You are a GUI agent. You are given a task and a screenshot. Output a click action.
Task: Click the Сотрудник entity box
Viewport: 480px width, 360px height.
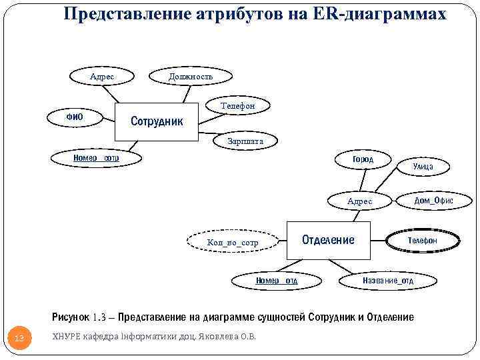pos(157,122)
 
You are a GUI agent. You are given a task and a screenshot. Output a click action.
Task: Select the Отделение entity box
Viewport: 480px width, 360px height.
pos(329,240)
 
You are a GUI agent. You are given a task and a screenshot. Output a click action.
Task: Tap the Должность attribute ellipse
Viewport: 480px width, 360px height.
pos(191,77)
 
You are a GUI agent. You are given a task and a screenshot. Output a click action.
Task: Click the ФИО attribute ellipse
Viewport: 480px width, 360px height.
pos(74,117)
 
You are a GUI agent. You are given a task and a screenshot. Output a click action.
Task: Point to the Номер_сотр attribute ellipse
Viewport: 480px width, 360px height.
pos(96,158)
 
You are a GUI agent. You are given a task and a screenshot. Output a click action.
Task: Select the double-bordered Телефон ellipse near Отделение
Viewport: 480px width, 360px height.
pos(423,240)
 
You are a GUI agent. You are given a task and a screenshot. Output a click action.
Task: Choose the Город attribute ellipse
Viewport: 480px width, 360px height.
pos(363,159)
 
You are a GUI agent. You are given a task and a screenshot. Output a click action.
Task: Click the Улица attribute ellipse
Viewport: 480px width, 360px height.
pos(423,166)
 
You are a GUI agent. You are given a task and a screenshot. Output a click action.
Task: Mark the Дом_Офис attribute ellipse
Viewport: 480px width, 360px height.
pos(433,200)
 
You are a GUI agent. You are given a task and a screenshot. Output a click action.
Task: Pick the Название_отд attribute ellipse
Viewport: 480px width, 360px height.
pos(388,281)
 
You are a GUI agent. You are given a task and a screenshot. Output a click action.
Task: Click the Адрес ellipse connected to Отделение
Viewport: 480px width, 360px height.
pos(360,201)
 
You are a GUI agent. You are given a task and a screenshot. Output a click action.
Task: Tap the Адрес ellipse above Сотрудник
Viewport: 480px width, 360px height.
pos(102,77)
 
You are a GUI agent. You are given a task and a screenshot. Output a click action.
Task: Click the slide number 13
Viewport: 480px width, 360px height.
pos(19,339)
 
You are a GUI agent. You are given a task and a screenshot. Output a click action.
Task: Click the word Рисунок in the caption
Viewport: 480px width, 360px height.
pos(71,317)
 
